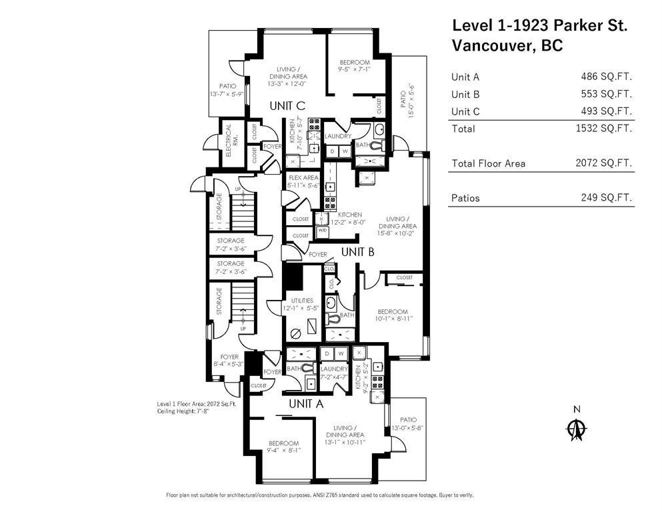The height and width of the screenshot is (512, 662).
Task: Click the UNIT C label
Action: pyautogui.click(x=287, y=105)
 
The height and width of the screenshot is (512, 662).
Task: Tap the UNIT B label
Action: pyautogui.click(x=357, y=252)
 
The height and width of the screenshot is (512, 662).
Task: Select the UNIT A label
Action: pyautogui.click(x=306, y=404)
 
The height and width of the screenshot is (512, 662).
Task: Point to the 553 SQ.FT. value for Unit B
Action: pyautogui.click(x=606, y=94)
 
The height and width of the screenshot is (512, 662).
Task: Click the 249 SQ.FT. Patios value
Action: pyautogui.click(x=606, y=198)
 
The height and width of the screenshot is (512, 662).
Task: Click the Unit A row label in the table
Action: pyautogui.click(x=465, y=77)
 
